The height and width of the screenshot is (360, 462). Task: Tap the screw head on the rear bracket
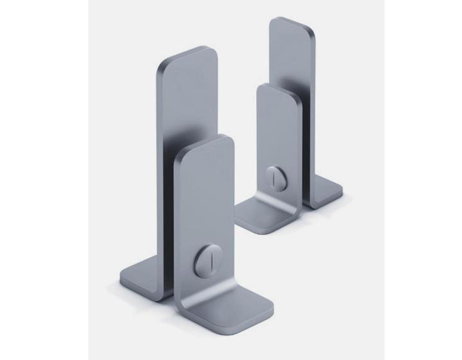click(x=274, y=175)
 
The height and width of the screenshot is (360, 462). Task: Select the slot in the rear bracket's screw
click(x=274, y=175)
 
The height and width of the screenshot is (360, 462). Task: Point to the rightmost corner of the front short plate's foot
click(x=273, y=313)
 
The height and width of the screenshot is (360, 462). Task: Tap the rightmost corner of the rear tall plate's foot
click(x=342, y=191)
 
